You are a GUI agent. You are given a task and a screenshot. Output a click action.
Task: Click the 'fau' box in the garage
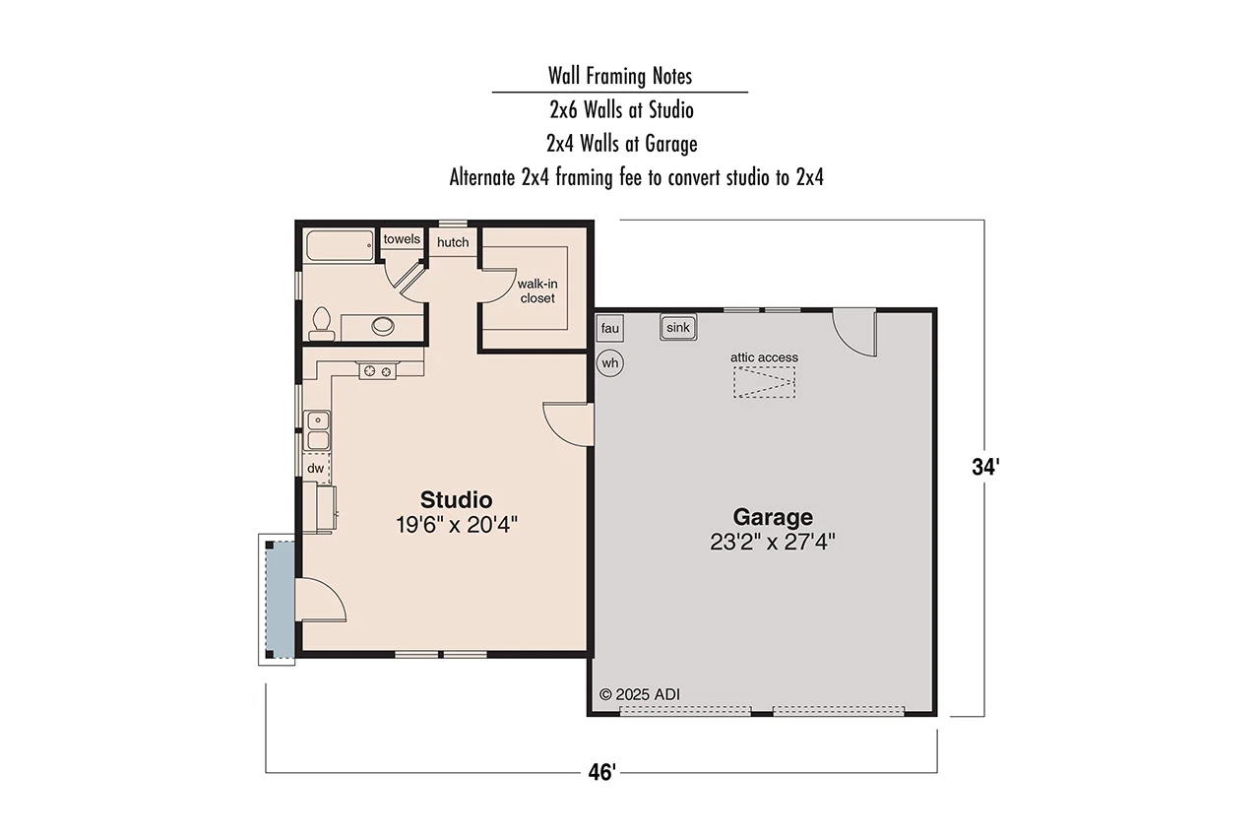pos(609,328)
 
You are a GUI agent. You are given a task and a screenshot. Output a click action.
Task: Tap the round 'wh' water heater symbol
pos(610,363)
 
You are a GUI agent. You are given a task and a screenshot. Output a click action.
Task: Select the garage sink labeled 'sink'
pos(677,328)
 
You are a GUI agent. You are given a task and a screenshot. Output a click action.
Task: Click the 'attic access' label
pos(764,357)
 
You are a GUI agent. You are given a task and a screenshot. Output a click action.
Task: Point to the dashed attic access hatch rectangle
pos(764,381)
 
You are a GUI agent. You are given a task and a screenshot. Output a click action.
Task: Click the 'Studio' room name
pos(456,498)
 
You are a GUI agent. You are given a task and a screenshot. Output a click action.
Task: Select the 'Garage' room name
pos(773,517)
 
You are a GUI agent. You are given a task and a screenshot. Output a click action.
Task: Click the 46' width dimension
pos(600,773)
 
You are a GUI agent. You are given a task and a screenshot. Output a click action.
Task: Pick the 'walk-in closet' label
pos(536,291)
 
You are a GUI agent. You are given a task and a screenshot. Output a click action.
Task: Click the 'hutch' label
pos(453,242)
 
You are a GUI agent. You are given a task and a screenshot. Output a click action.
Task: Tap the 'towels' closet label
pos(402,239)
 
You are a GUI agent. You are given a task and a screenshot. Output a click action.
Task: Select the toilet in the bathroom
pos(321,323)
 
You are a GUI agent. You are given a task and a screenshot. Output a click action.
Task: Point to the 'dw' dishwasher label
pos(316,468)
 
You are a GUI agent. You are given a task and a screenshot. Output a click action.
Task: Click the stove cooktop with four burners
pos(377,371)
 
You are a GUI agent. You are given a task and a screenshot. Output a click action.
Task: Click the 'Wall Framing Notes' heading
pos(620,76)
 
